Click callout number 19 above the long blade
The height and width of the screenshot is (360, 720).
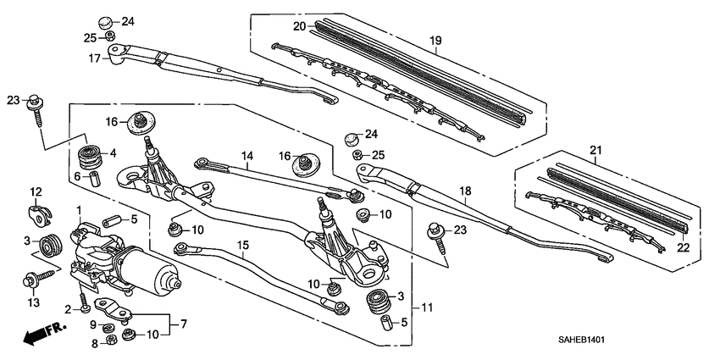pos(435,40)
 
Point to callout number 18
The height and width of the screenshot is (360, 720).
pos(463,191)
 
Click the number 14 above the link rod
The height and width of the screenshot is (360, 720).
pos(246,155)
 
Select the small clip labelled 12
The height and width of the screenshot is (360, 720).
pos(36,213)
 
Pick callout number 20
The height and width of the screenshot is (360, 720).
pos(299,26)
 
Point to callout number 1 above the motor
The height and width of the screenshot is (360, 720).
pos(78,209)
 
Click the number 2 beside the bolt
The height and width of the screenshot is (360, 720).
pos(67,308)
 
